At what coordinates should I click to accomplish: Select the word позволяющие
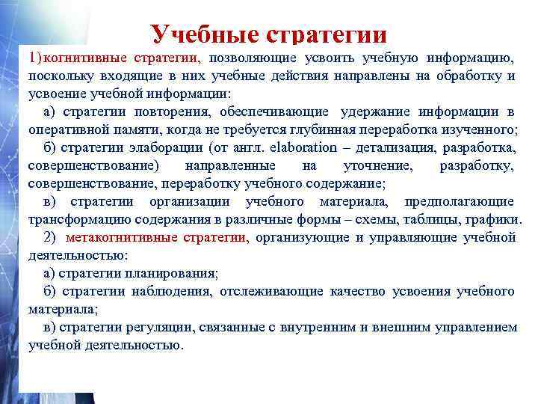(x=252, y=58)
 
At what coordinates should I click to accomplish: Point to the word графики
(x=495, y=220)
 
